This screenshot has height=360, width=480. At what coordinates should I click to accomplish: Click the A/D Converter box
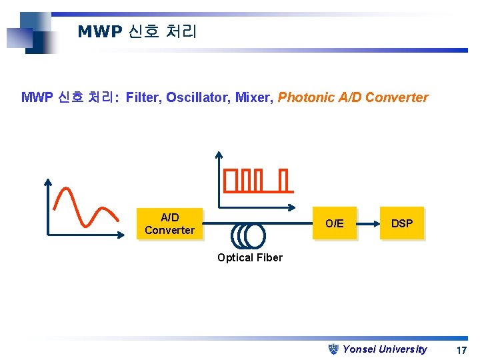click(x=169, y=224)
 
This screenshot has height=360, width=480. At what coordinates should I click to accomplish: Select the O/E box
click(x=335, y=223)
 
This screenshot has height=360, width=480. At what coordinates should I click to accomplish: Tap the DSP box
click(x=401, y=223)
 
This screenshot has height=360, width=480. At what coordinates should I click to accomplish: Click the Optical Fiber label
click(x=250, y=258)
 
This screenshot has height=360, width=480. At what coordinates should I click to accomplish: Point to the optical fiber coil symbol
click(x=248, y=235)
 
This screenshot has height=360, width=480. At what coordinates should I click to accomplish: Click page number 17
click(x=461, y=350)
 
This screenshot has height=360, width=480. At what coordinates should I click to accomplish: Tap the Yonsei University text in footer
click(x=385, y=349)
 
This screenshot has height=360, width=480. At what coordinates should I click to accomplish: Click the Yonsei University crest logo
click(x=335, y=349)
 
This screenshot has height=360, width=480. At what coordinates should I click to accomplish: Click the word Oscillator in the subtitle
click(x=197, y=98)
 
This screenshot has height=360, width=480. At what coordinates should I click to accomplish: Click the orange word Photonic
click(x=306, y=98)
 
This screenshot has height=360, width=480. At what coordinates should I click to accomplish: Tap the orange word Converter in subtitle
click(x=397, y=98)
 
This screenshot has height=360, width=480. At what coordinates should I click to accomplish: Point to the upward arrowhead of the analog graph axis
click(x=48, y=182)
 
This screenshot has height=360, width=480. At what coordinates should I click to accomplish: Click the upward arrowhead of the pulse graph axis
click(x=221, y=154)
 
